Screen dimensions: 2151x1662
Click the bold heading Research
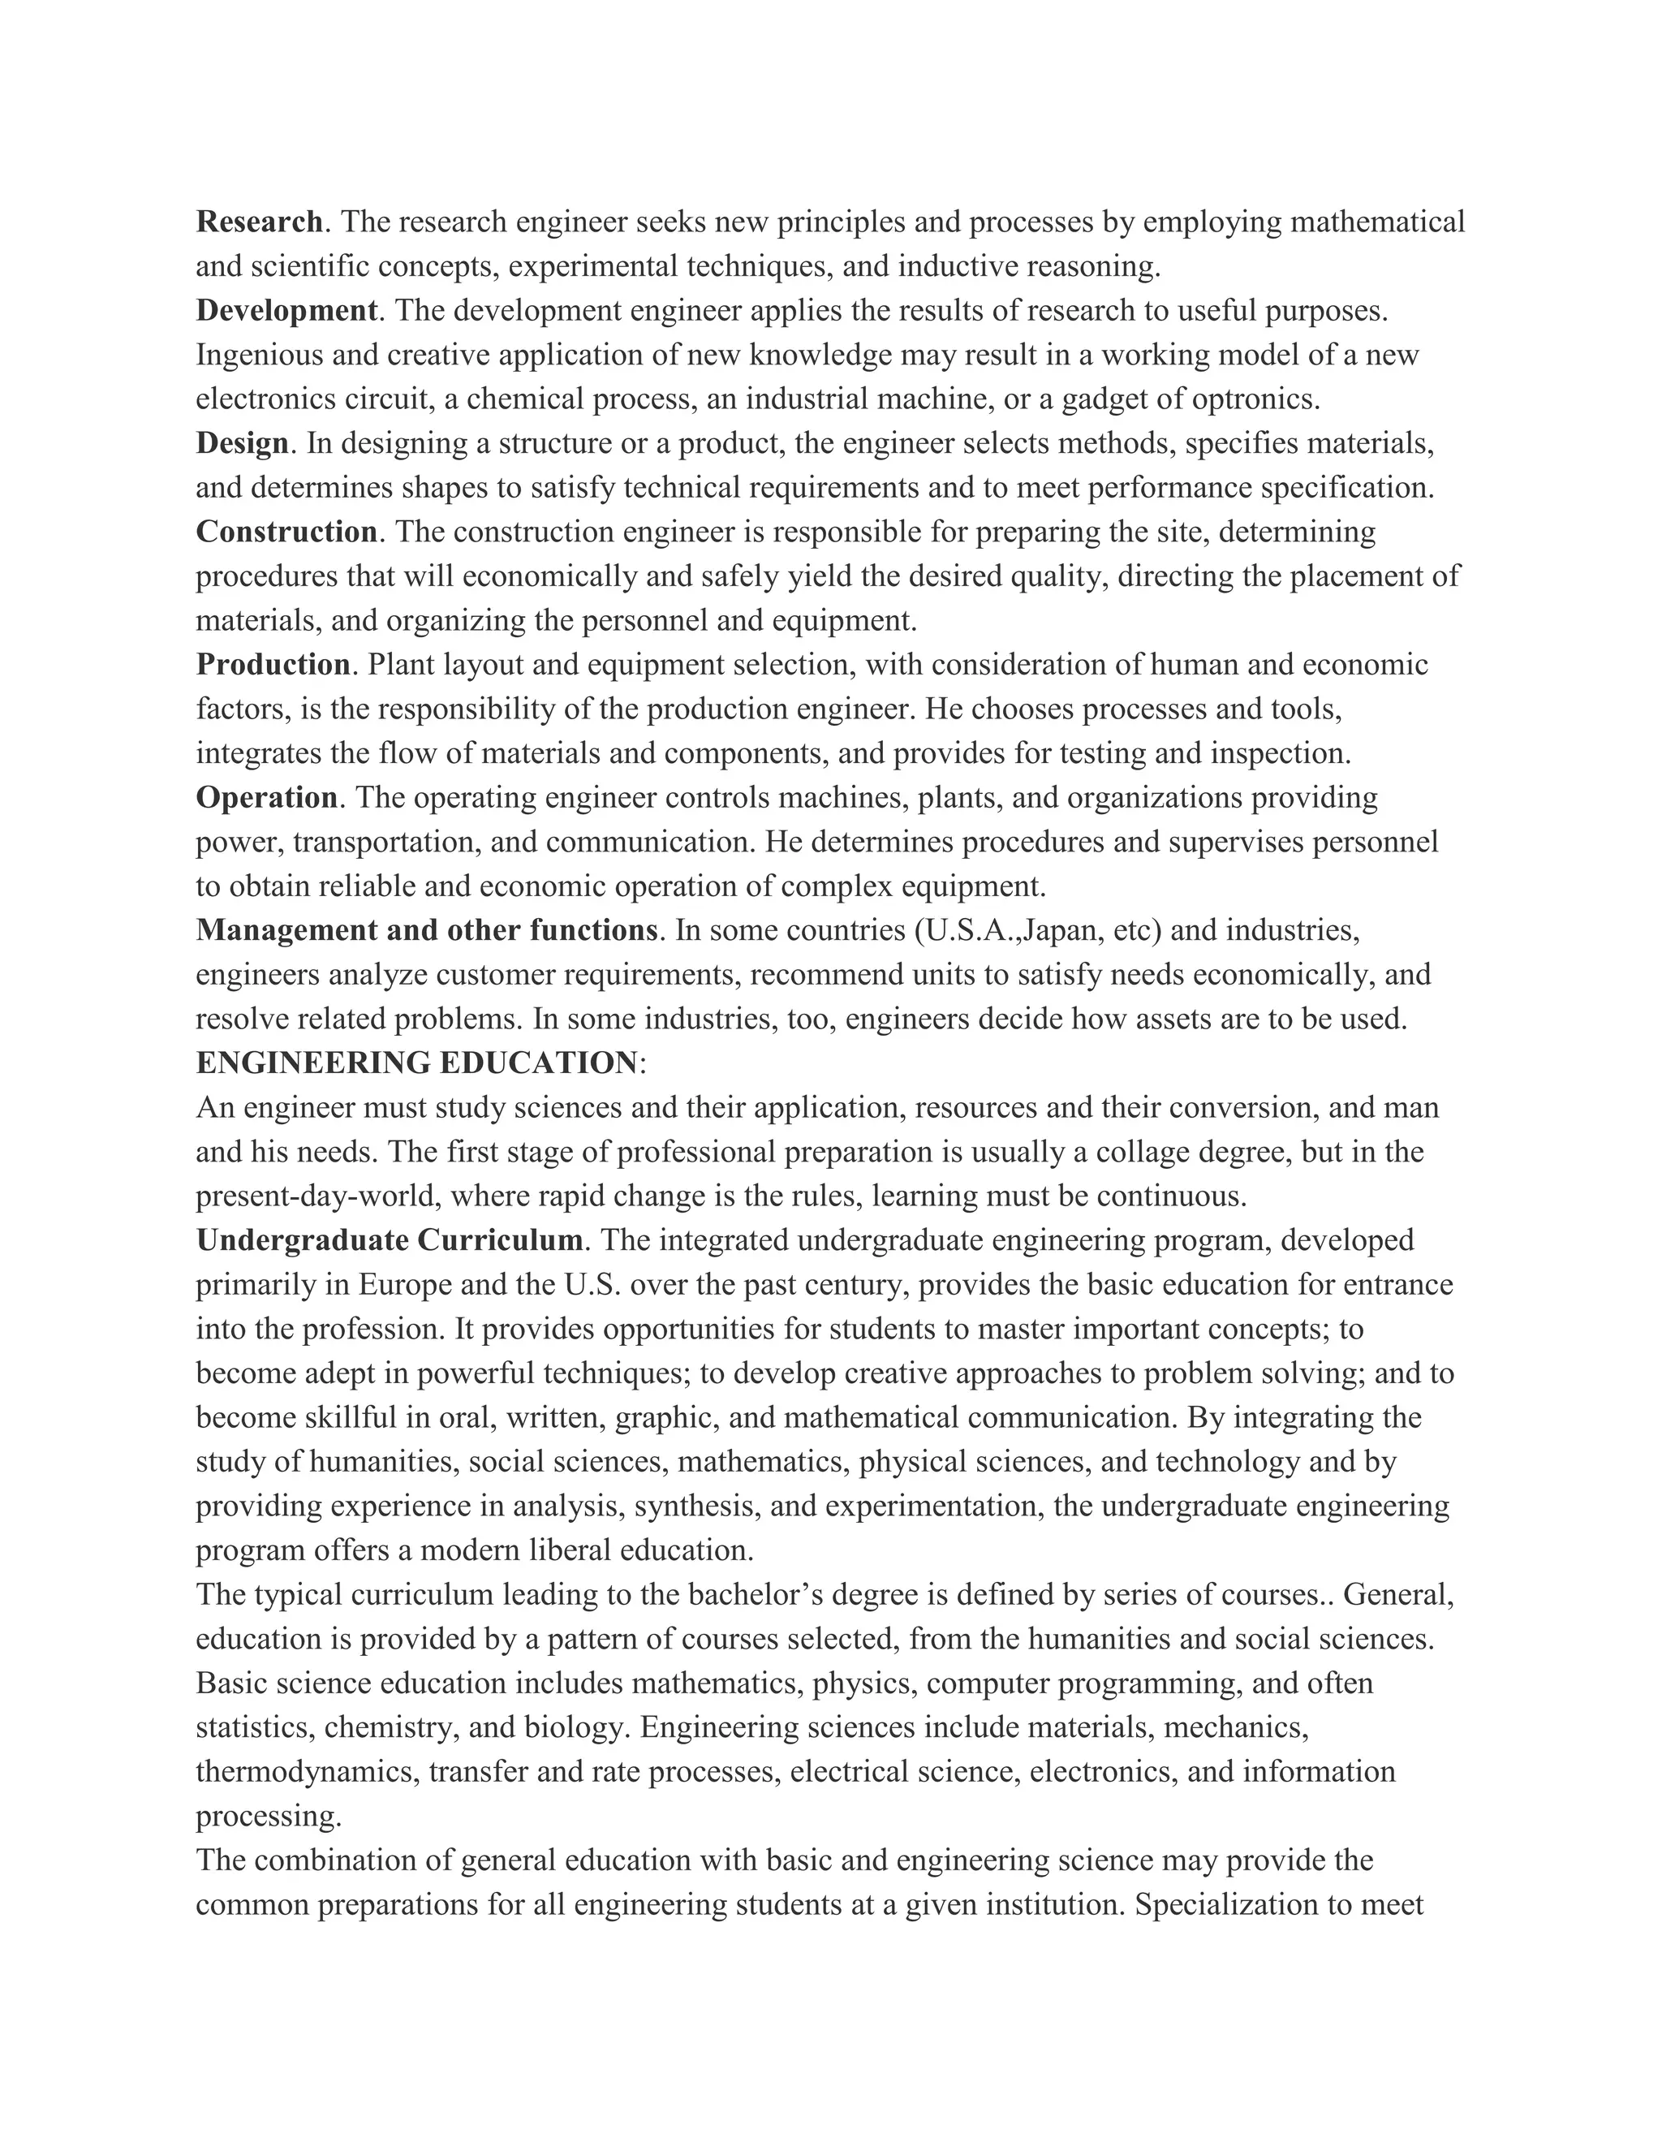coord(259,222)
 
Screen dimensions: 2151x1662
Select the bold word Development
coord(286,310)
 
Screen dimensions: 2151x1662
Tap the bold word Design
coord(242,443)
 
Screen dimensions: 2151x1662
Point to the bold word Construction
coord(286,532)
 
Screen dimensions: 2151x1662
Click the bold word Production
coord(273,665)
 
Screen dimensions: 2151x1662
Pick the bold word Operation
coord(266,797)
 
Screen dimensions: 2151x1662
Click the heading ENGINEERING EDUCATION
coord(416,1063)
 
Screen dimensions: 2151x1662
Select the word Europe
coord(403,1284)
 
